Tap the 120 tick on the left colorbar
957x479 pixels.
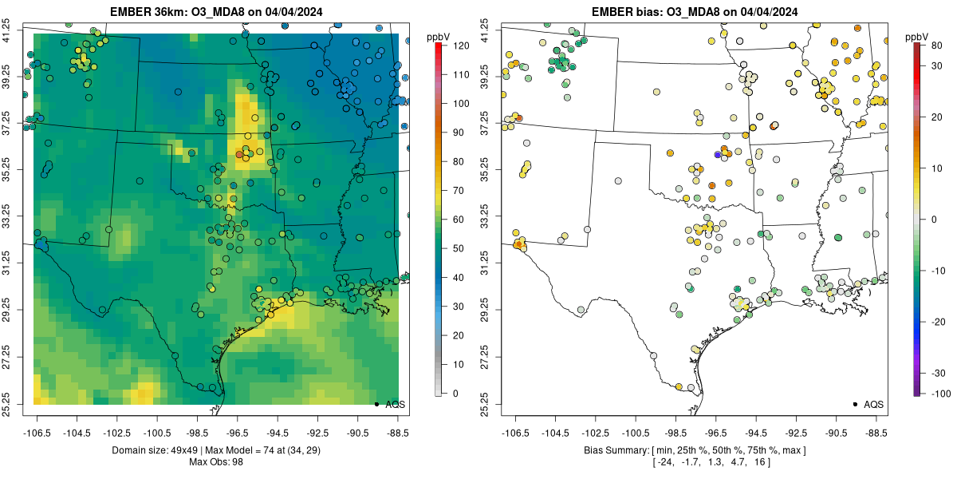(x=459, y=46)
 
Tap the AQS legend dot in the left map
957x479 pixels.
(x=376, y=404)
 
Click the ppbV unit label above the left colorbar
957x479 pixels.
(x=438, y=37)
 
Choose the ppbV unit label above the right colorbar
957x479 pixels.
(x=918, y=37)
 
